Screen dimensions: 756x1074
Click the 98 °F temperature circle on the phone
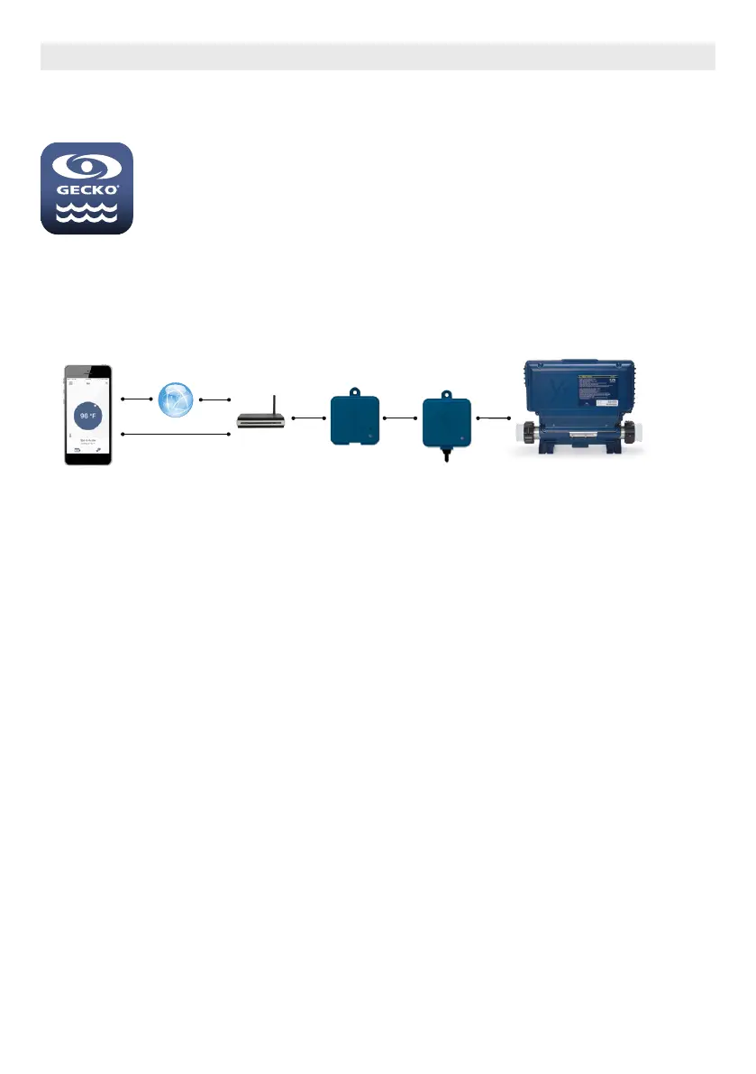click(88, 416)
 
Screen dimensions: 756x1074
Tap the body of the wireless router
click(260, 421)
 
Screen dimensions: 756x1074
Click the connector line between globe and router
click(215, 398)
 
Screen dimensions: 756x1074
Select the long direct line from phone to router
click(175, 435)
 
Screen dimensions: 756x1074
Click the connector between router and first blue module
click(307, 418)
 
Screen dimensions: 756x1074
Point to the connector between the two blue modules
click(401, 418)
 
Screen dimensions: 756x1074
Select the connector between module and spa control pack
click(494, 418)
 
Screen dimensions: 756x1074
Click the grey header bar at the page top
click(378, 56)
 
